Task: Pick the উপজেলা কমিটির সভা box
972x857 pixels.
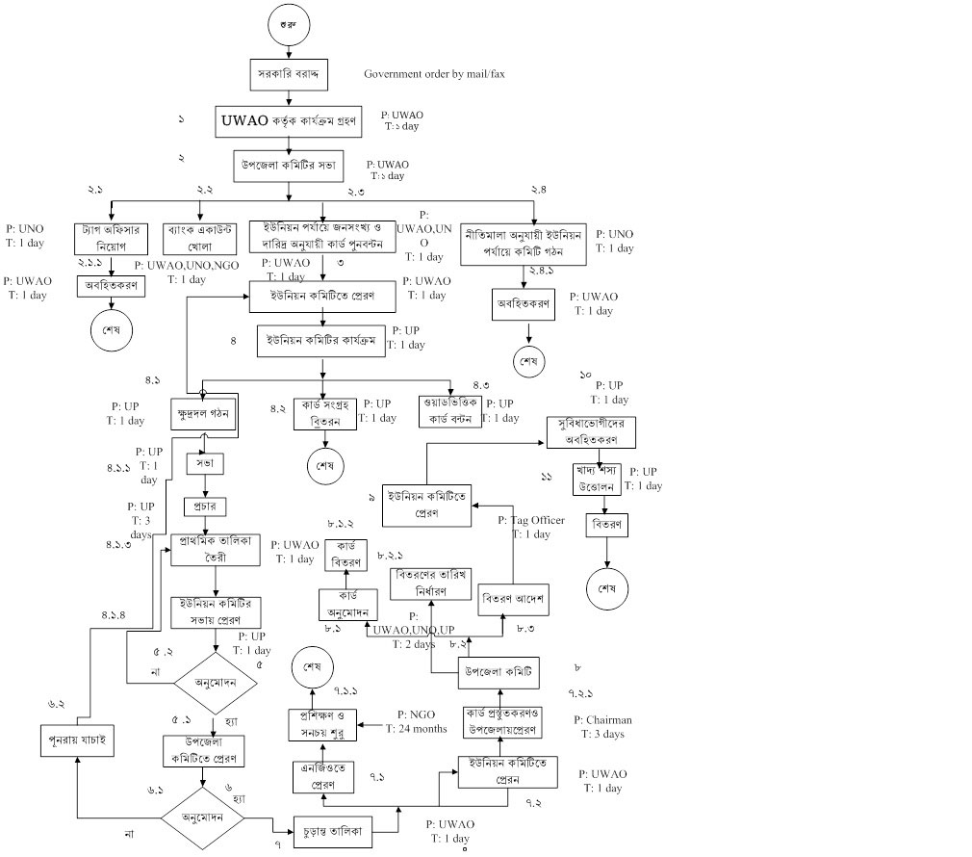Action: point(286,167)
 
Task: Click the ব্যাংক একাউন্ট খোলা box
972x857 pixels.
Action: point(199,238)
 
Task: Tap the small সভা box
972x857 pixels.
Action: point(203,463)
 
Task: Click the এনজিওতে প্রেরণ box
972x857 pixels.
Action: point(321,777)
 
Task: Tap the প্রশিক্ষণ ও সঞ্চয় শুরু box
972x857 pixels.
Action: point(322,724)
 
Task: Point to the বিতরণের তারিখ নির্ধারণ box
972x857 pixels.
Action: point(431,582)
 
